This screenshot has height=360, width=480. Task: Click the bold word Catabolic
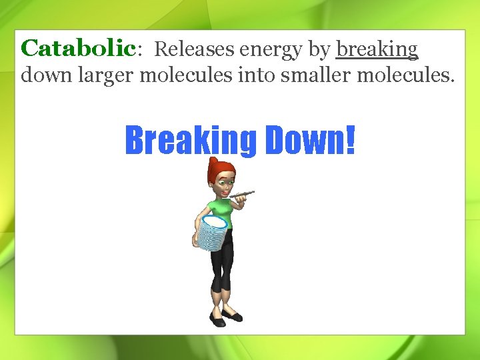point(78,49)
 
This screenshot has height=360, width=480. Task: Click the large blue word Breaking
point(191,139)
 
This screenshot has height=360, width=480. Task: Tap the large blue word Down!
point(310,139)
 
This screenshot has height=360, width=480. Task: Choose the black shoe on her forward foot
point(218,321)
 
